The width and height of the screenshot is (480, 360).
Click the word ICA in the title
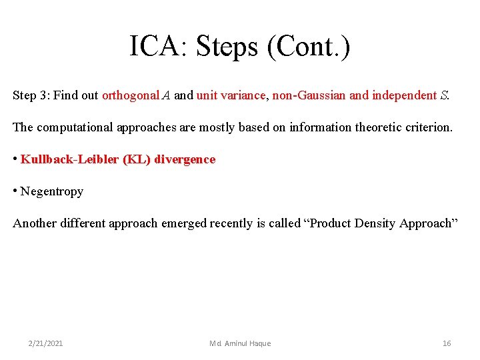click(x=154, y=47)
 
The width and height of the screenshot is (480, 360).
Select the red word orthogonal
click(x=131, y=95)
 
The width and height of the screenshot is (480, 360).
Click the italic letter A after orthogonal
click(x=165, y=95)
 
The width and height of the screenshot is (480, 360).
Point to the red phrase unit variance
click(x=231, y=95)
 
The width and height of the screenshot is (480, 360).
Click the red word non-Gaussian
click(x=309, y=95)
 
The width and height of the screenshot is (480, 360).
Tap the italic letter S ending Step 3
click(x=444, y=95)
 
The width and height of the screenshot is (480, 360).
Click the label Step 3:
click(x=31, y=95)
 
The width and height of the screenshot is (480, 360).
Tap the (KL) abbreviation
click(x=137, y=159)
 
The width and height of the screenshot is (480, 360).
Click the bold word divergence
click(x=185, y=159)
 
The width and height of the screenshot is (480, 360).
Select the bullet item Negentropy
click(x=52, y=191)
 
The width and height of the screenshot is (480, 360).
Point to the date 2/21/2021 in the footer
click(x=46, y=343)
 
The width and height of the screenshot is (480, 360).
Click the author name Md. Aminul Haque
click(x=240, y=343)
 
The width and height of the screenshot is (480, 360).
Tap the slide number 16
click(x=447, y=343)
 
